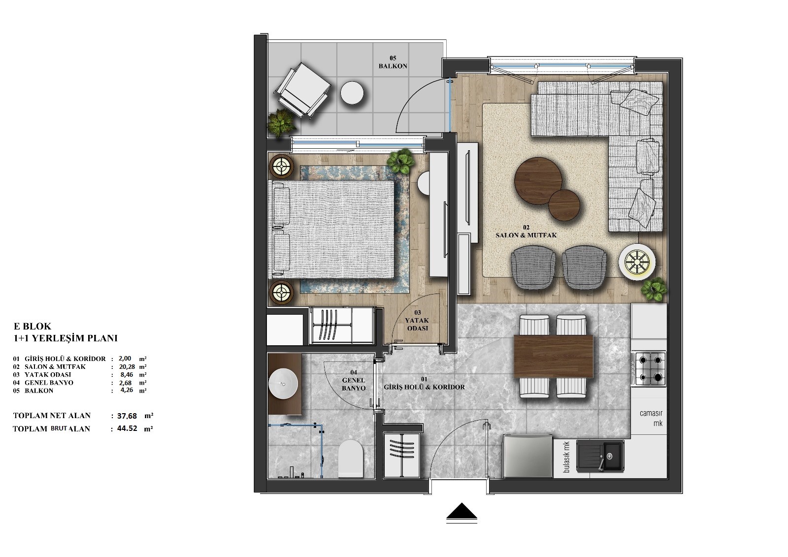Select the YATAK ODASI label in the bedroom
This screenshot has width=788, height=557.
click(417, 321)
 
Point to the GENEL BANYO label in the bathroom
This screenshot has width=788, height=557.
click(354, 380)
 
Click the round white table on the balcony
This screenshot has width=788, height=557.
click(352, 93)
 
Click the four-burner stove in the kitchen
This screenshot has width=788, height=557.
click(649, 369)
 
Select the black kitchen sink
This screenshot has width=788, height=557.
click(600, 456)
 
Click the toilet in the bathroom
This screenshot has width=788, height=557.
click(350, 458)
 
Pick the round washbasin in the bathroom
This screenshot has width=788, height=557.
click(283, 383)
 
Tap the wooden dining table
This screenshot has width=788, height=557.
click(554, 356)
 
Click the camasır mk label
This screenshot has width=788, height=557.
click(651, 419)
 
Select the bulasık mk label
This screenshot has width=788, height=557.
click(566, 457)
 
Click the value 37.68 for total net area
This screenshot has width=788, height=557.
click(127, 416)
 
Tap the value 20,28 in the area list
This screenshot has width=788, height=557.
click(125, 366)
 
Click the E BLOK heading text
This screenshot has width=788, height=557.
click(33, 326)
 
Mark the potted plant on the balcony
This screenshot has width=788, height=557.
click(281, 122)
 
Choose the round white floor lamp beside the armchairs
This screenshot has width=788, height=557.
click(637, 262)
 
